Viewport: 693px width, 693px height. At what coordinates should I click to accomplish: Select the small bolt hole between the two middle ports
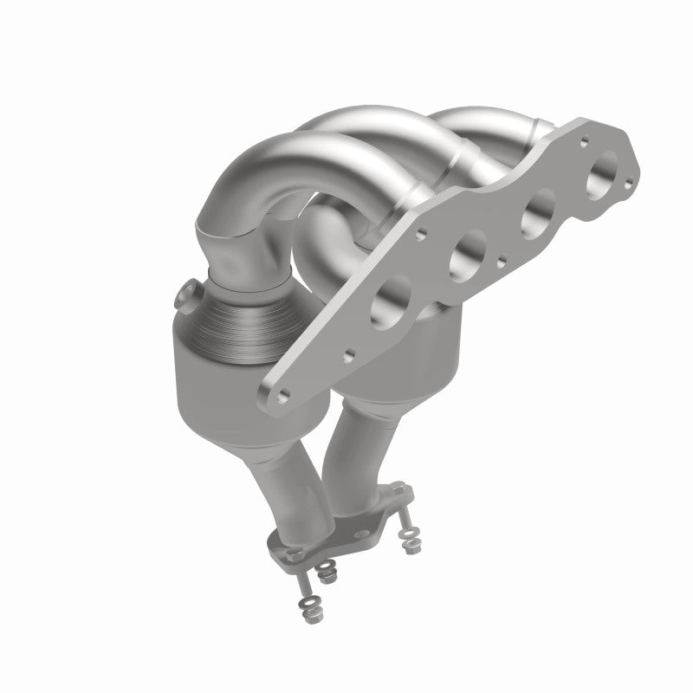(x=502, y=257)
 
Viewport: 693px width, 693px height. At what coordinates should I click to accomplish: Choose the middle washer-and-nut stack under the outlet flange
(x=327, y=571)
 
